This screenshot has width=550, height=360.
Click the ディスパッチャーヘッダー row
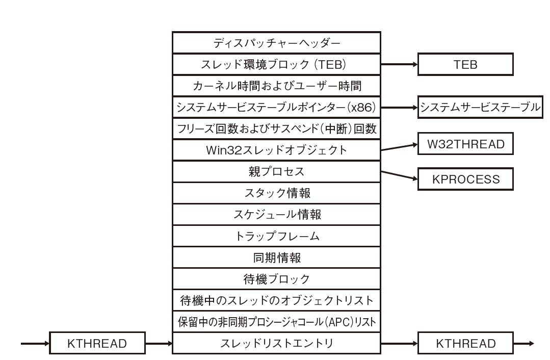click(x=276, y=43)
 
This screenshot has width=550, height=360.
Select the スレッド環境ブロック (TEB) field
click(x=276, y=65)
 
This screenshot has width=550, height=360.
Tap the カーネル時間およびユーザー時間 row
click(x=276, y=86)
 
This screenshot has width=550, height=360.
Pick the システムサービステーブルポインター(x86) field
click(x=276, y=108)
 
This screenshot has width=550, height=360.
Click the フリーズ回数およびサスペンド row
click(x=276, y=129)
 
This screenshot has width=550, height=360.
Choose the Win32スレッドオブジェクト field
click(x=276, y=150)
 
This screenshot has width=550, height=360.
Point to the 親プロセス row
click(x=276, y=172)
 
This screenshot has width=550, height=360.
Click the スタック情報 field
click(x=276, y=193)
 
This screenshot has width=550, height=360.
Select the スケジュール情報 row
click(x=276, y=215)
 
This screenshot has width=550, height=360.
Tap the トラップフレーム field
click(x=276, y=236)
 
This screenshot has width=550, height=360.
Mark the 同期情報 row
click(x=276, y=258)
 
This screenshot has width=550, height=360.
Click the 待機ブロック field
click(x=276, y=279)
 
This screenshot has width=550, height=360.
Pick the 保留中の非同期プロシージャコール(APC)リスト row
click(x=276, y=322)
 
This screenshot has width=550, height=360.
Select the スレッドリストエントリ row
click(x=276, y=343)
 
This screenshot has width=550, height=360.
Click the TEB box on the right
click(x=465, y=65)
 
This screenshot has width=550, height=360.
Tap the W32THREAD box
click(x=465, y=144)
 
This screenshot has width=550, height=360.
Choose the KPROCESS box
click(x=465, y=179)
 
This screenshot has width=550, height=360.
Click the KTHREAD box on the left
click(x=97, y=343)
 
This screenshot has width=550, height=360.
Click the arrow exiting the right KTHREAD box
click(x=524, y=343)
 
